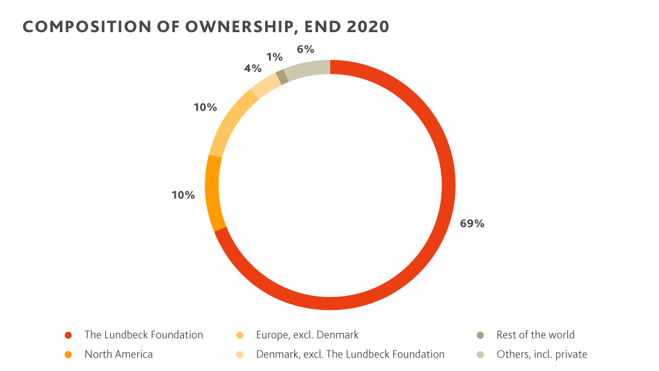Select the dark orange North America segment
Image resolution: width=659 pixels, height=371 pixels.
(214, 193)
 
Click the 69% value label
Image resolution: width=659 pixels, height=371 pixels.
(472, 224)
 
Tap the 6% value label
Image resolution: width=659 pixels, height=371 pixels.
(305, 49)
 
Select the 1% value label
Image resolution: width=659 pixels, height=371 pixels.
(274, 57)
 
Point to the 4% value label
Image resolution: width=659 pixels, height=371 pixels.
(253, 68)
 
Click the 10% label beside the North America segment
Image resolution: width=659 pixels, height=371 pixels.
(183, 195)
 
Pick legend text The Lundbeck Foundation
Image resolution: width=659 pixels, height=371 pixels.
(144, 335)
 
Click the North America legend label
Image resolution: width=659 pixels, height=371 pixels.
(118, 354)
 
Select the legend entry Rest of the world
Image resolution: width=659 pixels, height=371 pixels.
(535, 335)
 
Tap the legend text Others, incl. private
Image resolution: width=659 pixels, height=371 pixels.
(542, 354)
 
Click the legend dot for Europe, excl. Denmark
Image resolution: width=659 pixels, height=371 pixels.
(240, 336)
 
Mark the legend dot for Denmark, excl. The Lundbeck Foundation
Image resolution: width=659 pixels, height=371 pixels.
(240, 355)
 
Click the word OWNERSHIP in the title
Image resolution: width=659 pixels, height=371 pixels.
(219, 26)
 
